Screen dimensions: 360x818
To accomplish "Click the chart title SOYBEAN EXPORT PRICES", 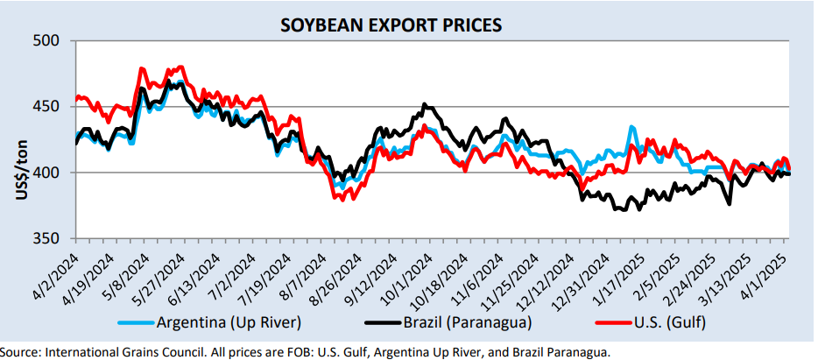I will [x=391, y=25].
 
